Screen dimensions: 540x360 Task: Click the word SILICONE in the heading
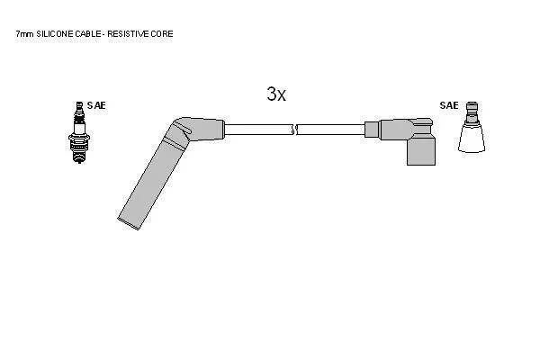pyautogui.click(x=55, y=34)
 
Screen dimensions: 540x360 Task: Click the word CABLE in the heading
pyautogui.click(x=88, y=34)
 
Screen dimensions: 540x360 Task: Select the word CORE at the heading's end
pyautogui.click(x=162, y=34)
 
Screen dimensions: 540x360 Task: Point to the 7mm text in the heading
pyautogui.click(x=25, y=34)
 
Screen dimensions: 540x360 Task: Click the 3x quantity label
pyautogui.click(x=276, y=94)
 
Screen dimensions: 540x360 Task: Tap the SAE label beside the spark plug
pyautogui.click(x=96, y=105)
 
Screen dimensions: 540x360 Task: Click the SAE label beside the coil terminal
pyautogui.click(x=449, y=105)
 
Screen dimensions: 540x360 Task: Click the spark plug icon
pyautogui.click(x=79, y=132)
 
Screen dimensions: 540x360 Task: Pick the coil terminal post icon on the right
pyautogui.click(x=472, y=127)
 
